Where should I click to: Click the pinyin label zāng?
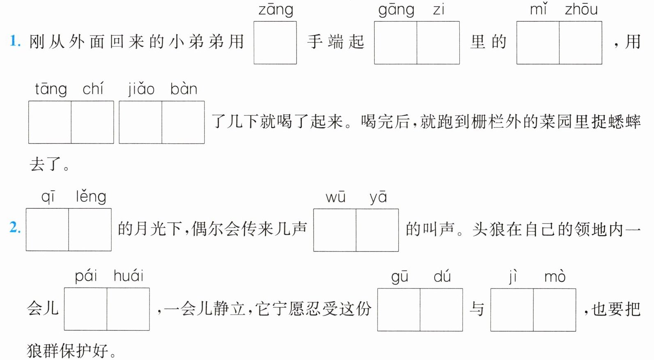click(276, 10)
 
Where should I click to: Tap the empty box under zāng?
click(275, 43)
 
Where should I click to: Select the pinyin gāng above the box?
click(396, 10)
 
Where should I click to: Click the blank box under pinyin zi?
click(438, 43)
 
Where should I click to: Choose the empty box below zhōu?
click(580, 43)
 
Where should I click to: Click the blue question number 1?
click(15, 41)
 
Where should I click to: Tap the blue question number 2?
click(15, 227)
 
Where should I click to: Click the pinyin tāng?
click(51, 89)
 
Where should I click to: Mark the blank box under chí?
click(92, 122)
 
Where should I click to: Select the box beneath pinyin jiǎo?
click(140, 122)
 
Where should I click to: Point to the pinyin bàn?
click(184, 88)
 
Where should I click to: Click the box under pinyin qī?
click(47, 229)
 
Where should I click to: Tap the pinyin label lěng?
click(91, 196)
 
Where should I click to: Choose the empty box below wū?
click(334, 230)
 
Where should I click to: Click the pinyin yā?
click(378, 197)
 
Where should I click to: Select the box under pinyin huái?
click(128, 309)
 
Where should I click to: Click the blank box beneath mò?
click(555, 310)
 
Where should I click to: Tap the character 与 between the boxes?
click(477, 309)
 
